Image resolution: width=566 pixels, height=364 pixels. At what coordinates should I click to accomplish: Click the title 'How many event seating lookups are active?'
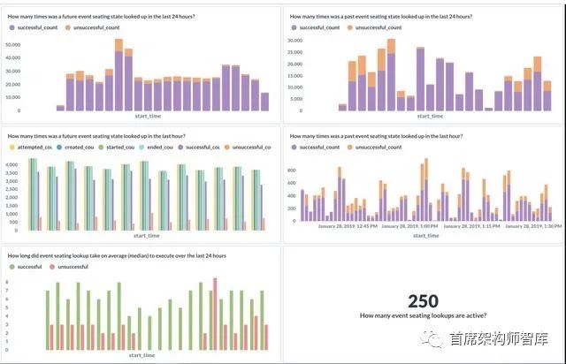[x=424, y=315]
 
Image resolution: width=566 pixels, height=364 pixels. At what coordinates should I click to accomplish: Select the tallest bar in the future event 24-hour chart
[x=119, y=75]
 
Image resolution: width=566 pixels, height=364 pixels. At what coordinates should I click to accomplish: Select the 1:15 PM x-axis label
[x=483, y=226]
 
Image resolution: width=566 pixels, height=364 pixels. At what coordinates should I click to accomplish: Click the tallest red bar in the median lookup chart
[x=214, y=314]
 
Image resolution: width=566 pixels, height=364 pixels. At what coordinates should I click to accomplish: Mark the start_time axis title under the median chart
[x=141, y=356]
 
